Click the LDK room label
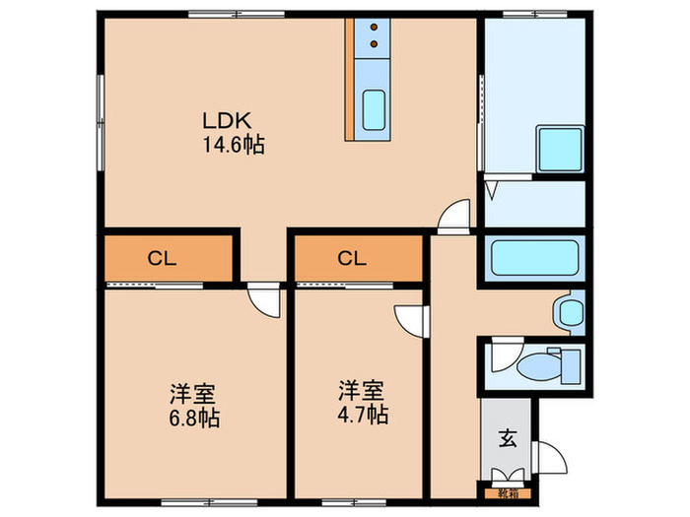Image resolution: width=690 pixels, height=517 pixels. (229, 122)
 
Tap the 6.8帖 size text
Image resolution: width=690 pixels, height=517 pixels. (193, 417)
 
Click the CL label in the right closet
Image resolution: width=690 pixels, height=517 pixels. (352, 259)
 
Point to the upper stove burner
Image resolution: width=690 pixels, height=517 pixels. (375, 29)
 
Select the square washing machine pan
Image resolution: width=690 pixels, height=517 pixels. (559, 150)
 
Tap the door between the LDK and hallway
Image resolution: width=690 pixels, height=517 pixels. (453, 217)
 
